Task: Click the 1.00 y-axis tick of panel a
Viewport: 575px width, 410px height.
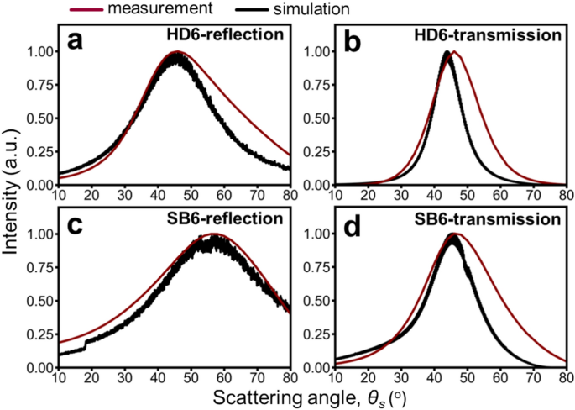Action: (36, 52)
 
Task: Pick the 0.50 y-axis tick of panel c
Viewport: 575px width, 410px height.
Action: (36, 302)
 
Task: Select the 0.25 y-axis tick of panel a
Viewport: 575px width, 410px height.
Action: (36, 151)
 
